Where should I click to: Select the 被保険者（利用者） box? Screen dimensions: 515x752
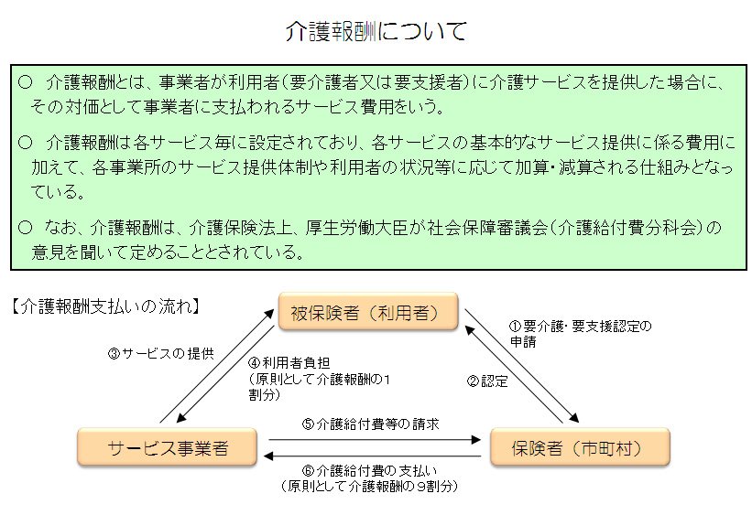[x=367, y=313]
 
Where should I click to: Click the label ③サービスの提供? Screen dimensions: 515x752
[x=160, y=353]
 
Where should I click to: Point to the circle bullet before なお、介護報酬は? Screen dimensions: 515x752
[x=25, y=225]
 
